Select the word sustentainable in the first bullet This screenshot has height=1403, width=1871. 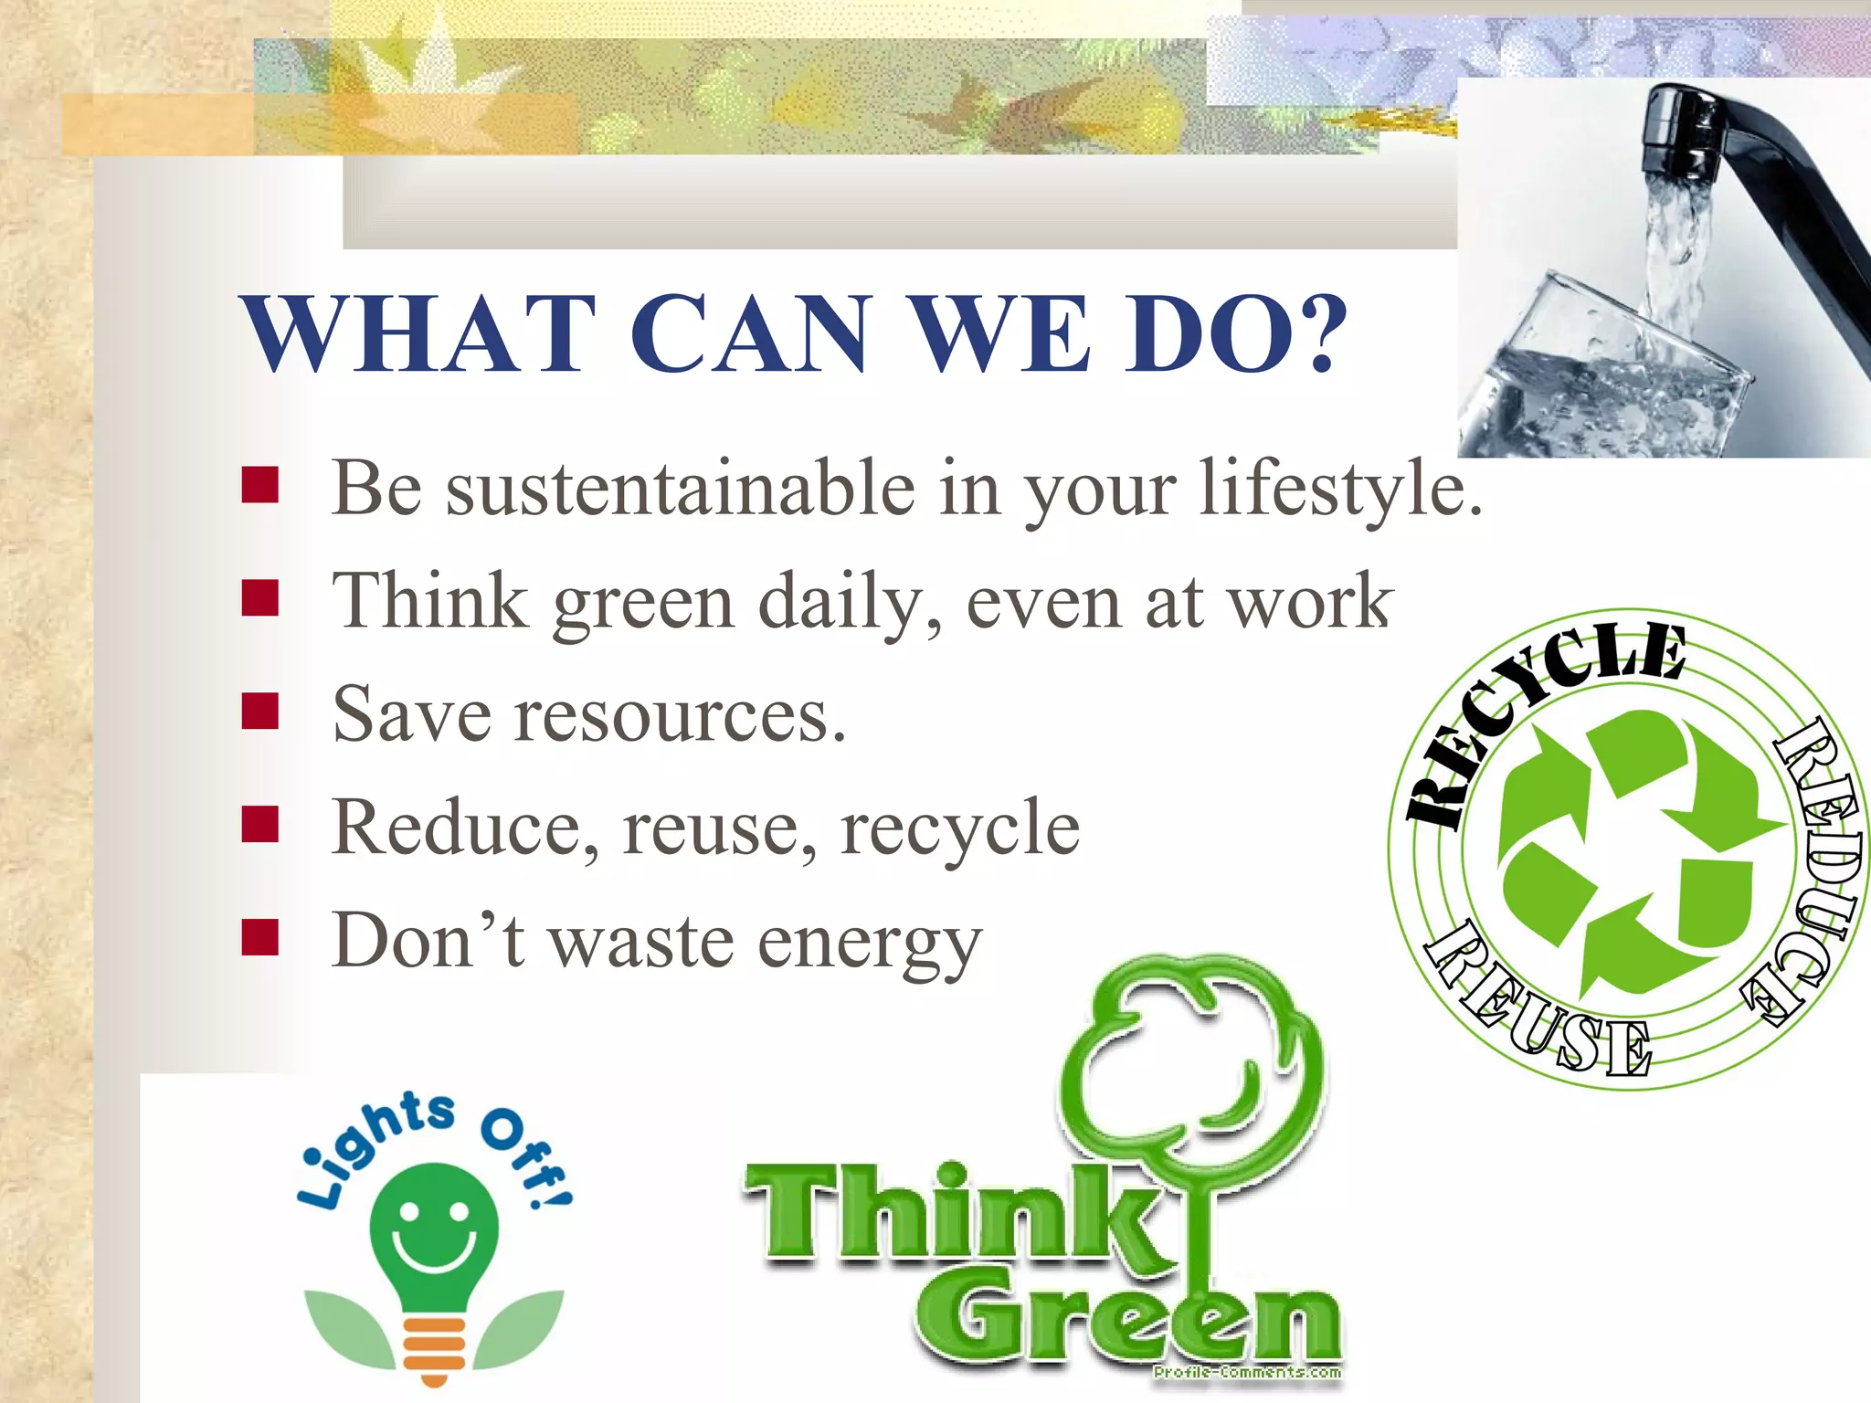pos(681,489)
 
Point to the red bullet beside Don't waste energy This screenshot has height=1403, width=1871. pos(260,937)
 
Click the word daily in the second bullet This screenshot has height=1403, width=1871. pos(850,603)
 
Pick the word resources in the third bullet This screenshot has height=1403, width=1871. pos(681,715)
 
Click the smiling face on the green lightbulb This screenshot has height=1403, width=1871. pos(434,1233)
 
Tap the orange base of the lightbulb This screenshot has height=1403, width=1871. pos(434,1347)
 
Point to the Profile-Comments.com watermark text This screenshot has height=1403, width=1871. pos(1247,1371)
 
